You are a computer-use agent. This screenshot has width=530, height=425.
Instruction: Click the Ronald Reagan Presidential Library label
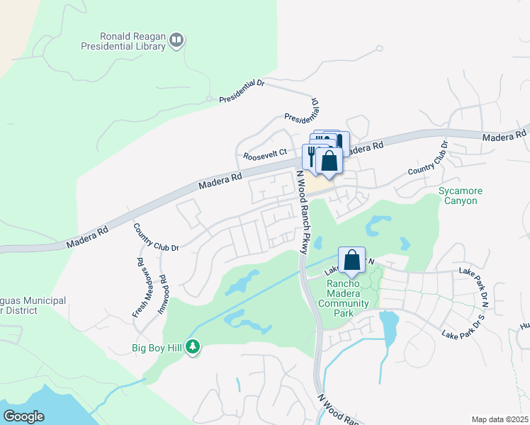pos(133,42)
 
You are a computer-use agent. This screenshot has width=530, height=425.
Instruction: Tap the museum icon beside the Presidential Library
pos(177,41)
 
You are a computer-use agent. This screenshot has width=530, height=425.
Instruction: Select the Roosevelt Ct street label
pos(264,152)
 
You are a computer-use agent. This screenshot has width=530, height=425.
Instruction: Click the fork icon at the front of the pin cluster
pos(311,156)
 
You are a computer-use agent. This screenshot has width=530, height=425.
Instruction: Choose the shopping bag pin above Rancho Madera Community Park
pos(352,260)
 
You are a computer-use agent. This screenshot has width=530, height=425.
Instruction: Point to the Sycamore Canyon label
pos(458,195)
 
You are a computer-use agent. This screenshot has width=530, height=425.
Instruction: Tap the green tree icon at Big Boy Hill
pos(193,347)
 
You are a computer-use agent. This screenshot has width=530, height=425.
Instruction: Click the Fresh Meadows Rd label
pos(139,287)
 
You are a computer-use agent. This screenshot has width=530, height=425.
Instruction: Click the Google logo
pos(23,416)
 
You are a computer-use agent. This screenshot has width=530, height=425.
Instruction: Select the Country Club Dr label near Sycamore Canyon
pos(429,163)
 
